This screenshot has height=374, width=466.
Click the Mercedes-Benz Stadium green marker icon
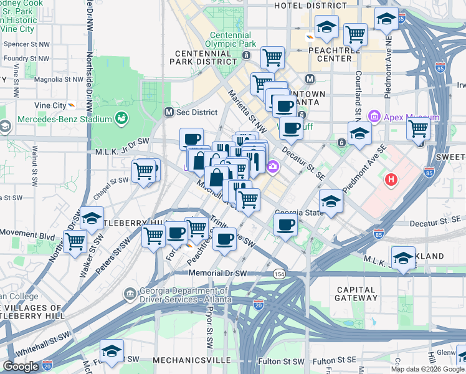tap(121, 118)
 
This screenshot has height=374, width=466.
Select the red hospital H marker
tap(391, 180)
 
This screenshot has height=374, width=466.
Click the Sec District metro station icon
tap(168, 112)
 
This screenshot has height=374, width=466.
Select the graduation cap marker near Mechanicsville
tap(112, 350)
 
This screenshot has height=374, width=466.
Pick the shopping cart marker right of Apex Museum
tap(419, 128)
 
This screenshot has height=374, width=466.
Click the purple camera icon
tap(272, 166)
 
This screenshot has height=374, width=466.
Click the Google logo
tap(21, 367)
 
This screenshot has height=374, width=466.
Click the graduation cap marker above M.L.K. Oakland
tap(403, 257)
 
